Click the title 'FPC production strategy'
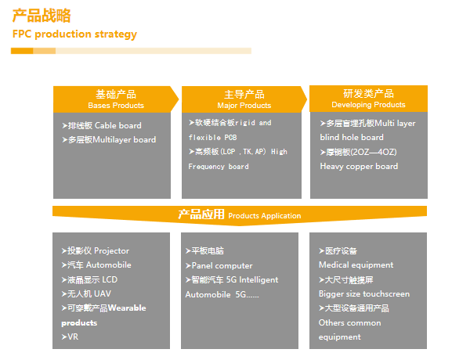coord(74,34)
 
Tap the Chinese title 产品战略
coord(42,16)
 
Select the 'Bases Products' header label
coord(116,106)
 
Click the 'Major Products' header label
coord(244,106)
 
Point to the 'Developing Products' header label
coord(368,105)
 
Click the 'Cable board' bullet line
coord(102,125)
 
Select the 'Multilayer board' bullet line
coord(109,139)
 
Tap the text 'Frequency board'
coord(219,167)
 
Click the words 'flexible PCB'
coord(213,138)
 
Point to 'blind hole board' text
coord(352,137)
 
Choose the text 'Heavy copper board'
coord(359,166)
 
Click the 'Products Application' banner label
coord(265,216)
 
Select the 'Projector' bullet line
coord(96,250)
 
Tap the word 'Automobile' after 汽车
coord(109,265)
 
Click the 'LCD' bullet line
coord(89,279)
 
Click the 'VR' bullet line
coord(70,337)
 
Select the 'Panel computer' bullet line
coord(219,265)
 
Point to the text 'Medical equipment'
coord(356,265)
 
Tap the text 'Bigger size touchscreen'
coord(364,293)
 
